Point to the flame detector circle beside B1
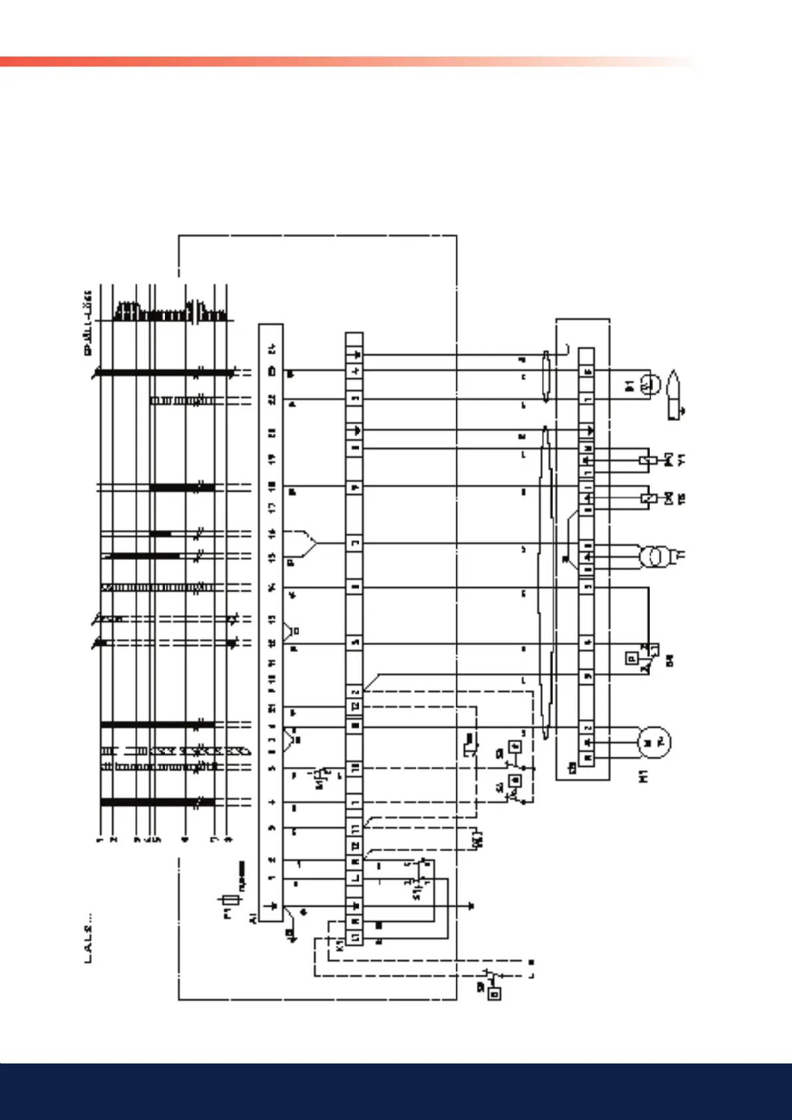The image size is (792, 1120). pyautogui.click(x=650, y=384)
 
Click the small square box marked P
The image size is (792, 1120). pyautogui.click(x=632, y=658)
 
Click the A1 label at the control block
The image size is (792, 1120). pyautogui.click(x=253, y=918)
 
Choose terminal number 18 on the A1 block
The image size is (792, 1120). pyautogui.click(x=271, y=487)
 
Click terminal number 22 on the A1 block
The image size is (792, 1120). pyautogui.click(x=271, y=400)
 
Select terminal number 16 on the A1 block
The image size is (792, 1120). pyautogui.click(x=271, y=533)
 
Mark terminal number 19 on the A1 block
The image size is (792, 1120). pyautogui.click(x=271, y=459)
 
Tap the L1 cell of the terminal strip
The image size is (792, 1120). pyautogui.click(x=355, y=937)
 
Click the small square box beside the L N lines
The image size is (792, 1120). pyautogui.click(x=494, y=994)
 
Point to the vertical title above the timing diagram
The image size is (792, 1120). pyautogui.click(x=88, y=323)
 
